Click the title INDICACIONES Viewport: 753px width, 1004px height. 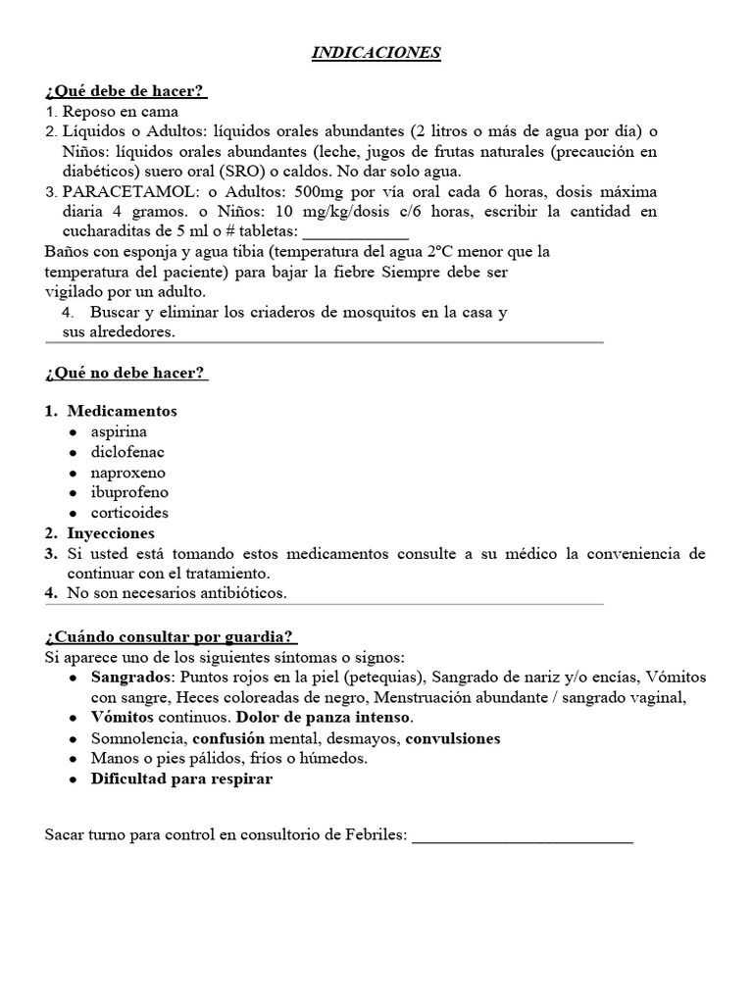[x=376, y=53]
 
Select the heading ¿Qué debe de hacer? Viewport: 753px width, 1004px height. [x=125, y=91]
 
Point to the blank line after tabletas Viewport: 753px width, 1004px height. [x=355, y=233]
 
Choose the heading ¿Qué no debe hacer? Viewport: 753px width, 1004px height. [x=125, y=374]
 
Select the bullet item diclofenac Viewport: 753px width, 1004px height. [x=127, y=452]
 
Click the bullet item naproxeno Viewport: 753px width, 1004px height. [x=128, y=473]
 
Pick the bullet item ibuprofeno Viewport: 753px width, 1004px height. [x=129, y=492]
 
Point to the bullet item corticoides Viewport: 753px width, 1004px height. [x=129, y=513]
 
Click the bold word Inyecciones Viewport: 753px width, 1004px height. [x=111, y=533]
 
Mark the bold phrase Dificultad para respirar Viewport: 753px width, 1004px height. [x=181, y=779]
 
